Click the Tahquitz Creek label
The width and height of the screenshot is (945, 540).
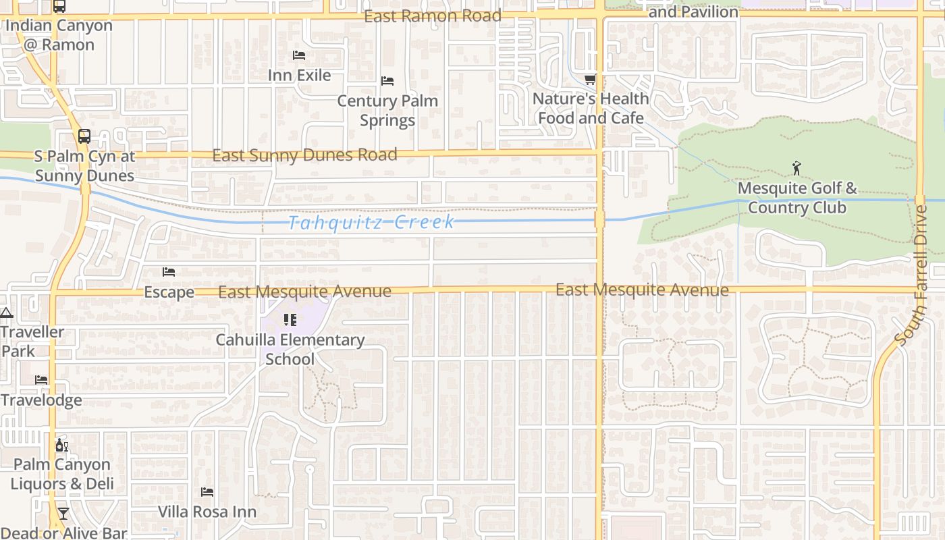(x=371, y=222)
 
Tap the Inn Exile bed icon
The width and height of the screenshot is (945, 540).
(x=299, y=55)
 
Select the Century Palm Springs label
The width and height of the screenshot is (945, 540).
(x=387, y=110)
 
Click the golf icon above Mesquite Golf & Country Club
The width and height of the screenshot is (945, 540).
(x=797, y=167)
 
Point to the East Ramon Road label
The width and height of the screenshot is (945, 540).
(x=433, y=16)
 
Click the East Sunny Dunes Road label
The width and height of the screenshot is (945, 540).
(x=304, y=155)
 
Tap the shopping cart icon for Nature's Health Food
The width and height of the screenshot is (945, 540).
(x=591, y=80)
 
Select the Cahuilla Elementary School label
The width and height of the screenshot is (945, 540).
(x=290, y=349)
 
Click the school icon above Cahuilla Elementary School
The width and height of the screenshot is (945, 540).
(x=290, y=319)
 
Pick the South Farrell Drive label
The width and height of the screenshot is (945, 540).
(x=913, y=274)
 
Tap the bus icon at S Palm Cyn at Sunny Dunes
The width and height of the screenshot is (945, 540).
(x=84, y=136)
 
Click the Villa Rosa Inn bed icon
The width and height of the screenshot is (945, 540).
(x=207, y=492)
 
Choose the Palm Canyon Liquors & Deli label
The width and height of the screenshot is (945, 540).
(x=62, y=474)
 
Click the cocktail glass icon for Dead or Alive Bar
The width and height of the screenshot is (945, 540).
(x=63, y=514)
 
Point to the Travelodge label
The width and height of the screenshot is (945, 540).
(x=41, y=400)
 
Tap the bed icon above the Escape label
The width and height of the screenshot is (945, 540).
(x=169, y=272)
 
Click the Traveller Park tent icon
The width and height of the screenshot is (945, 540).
(x=6, y=313)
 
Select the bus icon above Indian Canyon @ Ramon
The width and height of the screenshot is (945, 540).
(x=59, y=6)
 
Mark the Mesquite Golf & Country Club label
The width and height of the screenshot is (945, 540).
(x=797, y=197)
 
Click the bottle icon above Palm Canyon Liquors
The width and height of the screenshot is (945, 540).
(x=61, y=445)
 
